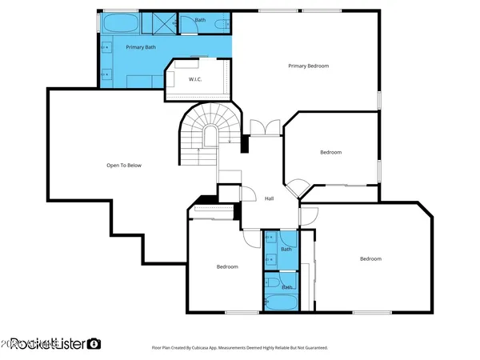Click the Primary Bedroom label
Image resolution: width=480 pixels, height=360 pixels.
(x=308, y=66)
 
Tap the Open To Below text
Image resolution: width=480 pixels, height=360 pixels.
(x=124, y=166)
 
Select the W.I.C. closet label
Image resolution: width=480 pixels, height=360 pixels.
(x=194, y=80)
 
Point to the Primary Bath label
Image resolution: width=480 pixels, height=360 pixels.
(x=140, y=47)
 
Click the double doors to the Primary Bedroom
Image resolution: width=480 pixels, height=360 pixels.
(x=264, y=127)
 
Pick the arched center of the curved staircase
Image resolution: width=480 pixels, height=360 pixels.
(x=209, y=138)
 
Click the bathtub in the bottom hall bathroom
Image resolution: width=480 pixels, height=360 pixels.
(x=281, y=302)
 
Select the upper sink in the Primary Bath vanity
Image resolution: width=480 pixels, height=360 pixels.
(x=106, y=46)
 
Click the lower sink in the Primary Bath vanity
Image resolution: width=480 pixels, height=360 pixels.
(x=106, y=74)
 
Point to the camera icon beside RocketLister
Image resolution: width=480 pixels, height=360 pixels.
(x=94, y=343)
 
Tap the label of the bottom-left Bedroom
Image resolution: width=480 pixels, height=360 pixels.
(x=227, y=266)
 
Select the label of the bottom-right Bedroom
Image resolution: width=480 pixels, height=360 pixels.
(x=370, y=258)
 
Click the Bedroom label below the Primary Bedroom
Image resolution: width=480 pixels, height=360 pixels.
(x=330, y=152)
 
